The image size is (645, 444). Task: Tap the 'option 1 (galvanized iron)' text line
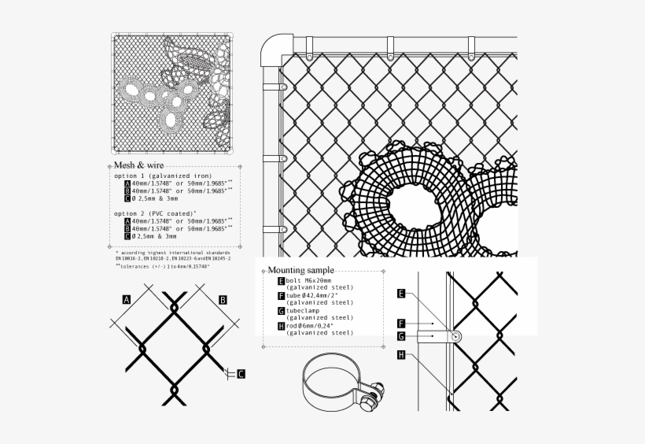[163, 176]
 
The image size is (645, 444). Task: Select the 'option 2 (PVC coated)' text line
[155, 213]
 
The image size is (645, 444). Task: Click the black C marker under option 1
[127, 198]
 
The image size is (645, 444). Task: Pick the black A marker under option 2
[127, 221]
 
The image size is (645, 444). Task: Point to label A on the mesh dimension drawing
[126, 299]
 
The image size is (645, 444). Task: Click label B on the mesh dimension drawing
[223, 299]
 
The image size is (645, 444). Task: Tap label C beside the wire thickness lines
[241, 373]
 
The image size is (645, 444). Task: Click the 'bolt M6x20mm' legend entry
[309, 280]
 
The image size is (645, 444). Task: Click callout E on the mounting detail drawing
[401, 294]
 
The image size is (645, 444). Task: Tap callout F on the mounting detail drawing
[401, 323]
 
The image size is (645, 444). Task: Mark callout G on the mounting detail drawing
[401, 336]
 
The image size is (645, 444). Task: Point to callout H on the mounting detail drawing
[401, 355]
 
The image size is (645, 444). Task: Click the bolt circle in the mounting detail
[455, 336]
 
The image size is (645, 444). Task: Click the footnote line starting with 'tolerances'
[170, 266]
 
